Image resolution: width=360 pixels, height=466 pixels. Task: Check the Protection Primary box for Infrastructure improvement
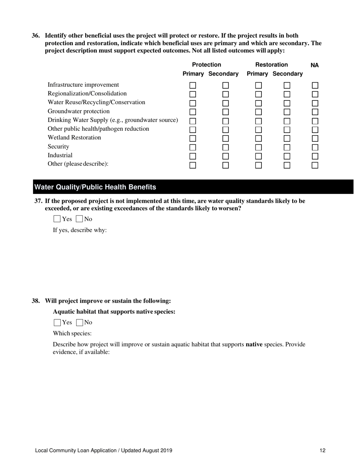pos(193,85)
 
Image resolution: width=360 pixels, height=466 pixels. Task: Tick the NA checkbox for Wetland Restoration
pos(315,138)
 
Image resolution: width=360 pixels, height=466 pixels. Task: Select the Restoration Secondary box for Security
pos(287,147)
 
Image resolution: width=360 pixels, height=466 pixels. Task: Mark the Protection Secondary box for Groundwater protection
pos(226,112)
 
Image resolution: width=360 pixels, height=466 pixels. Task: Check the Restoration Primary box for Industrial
pos(258,156)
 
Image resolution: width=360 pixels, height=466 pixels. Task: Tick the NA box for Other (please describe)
pos(315,165)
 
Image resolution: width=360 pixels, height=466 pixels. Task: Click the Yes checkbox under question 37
pos(57,219)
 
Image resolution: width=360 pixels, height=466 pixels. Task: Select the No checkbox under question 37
pos(80,219)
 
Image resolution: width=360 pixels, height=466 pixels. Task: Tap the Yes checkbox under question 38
pos(57,323)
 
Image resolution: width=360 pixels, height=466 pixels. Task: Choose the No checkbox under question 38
pos(80,323)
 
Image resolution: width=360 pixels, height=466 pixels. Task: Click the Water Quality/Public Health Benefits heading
pos(95,187)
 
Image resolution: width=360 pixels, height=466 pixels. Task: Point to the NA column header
pos(315,65)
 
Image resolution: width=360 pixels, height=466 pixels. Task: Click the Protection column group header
pos(207,65)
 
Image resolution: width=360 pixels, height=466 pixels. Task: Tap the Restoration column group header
pos(271,65)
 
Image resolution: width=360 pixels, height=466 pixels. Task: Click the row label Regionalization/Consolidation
pos(87,94)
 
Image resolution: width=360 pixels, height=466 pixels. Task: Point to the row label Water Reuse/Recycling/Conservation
pos(96,102)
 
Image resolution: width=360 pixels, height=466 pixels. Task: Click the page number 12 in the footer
pos(322,450)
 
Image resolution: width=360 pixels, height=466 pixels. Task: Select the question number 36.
pos(36,36)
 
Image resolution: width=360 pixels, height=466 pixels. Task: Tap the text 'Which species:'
pos(72,333)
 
